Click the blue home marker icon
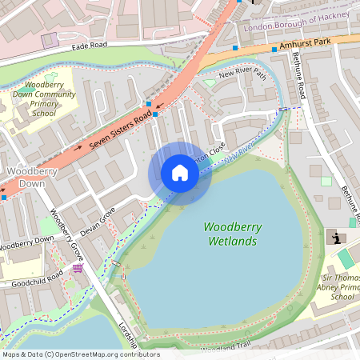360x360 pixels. click(180, 173)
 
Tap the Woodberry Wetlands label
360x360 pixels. click(230, 234)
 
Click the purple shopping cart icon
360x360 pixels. click(77, 268)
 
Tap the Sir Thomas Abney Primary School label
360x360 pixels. click(342, 287)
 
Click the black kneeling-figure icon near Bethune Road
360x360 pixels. click(336, 238)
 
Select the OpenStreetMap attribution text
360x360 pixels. click(80, 354)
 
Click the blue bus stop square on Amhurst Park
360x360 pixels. click(274, 50)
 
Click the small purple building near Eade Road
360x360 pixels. click(50, 39)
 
